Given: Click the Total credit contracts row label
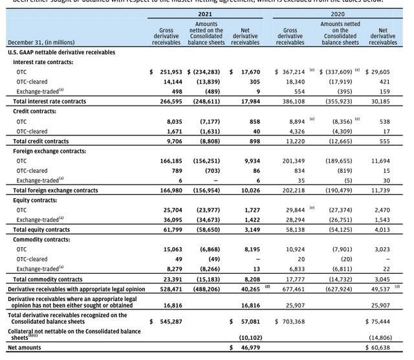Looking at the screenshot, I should point(41,141).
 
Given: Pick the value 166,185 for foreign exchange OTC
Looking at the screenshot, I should point(171,160).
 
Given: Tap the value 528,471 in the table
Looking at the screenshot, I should point(171,287).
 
